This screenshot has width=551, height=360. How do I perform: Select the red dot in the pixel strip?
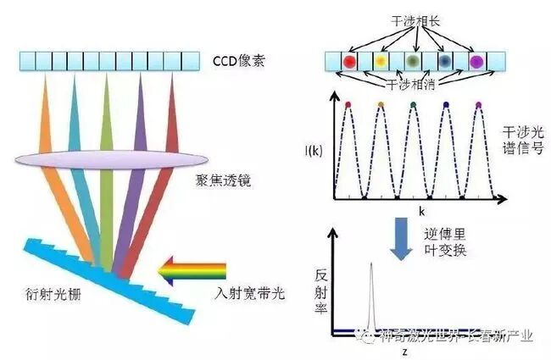click(x=348, y=61)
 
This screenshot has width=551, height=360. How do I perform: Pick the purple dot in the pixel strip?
click(x=477, y=61)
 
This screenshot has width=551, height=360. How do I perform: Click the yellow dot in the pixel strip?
click(x=381, y=61)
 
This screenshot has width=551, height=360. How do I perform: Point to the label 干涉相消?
click(x=409, y=85)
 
